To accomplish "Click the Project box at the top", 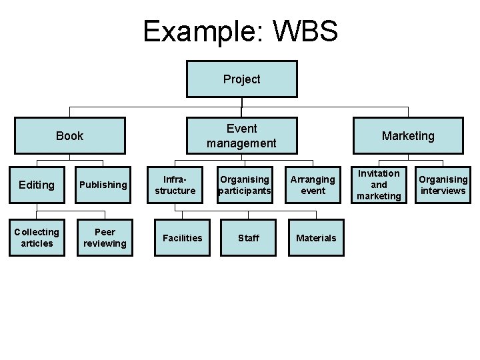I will point(241,79).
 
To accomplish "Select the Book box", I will point(70,136).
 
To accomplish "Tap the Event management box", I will point(241,136).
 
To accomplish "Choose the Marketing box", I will point(408,136).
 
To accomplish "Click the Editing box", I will point(37,185).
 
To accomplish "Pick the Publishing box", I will point(103,185).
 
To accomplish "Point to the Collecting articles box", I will point(37,238).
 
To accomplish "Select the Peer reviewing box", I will point(105,238).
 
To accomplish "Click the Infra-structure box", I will point(175,185).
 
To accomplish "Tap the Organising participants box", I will point(245,185).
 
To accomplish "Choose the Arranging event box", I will point(313,185).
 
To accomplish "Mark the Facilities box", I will point(183,238).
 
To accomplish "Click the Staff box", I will point(249,238).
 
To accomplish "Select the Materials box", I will point(316,238).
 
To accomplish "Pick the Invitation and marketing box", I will point(379,185).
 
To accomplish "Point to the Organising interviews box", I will point(443,185).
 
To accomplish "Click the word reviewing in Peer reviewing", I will point(105,243).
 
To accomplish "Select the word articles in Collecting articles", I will point(37,243).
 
